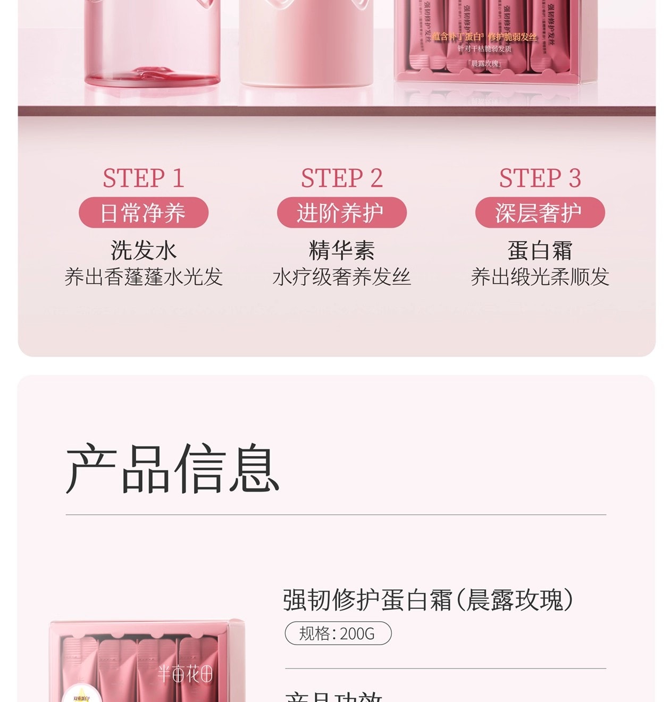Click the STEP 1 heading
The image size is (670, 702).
point(144,178)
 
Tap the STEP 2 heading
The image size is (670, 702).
point(342,178)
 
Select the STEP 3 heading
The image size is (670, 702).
point(540,178)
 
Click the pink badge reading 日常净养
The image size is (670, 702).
point(144,213)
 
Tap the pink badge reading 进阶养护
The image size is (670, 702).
point(342,213)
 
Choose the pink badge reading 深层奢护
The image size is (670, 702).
point(540,213)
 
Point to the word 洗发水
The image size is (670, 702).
point(144,250)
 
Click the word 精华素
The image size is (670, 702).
point(342,250)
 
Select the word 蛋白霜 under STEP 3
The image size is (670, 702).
point(540,250)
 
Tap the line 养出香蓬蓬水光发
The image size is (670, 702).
point(144,277)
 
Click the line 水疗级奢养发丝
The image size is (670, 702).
point(342,277)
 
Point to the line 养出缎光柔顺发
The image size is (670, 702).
point(540,277)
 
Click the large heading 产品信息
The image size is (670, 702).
point(173,469)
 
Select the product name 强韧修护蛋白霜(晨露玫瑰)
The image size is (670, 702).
point(428,600)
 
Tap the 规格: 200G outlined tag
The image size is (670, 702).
point(338,633)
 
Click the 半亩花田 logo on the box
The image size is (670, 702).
point(185,674)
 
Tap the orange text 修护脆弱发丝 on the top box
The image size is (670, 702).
point(512,37)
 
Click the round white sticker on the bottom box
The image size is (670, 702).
point(81,695)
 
